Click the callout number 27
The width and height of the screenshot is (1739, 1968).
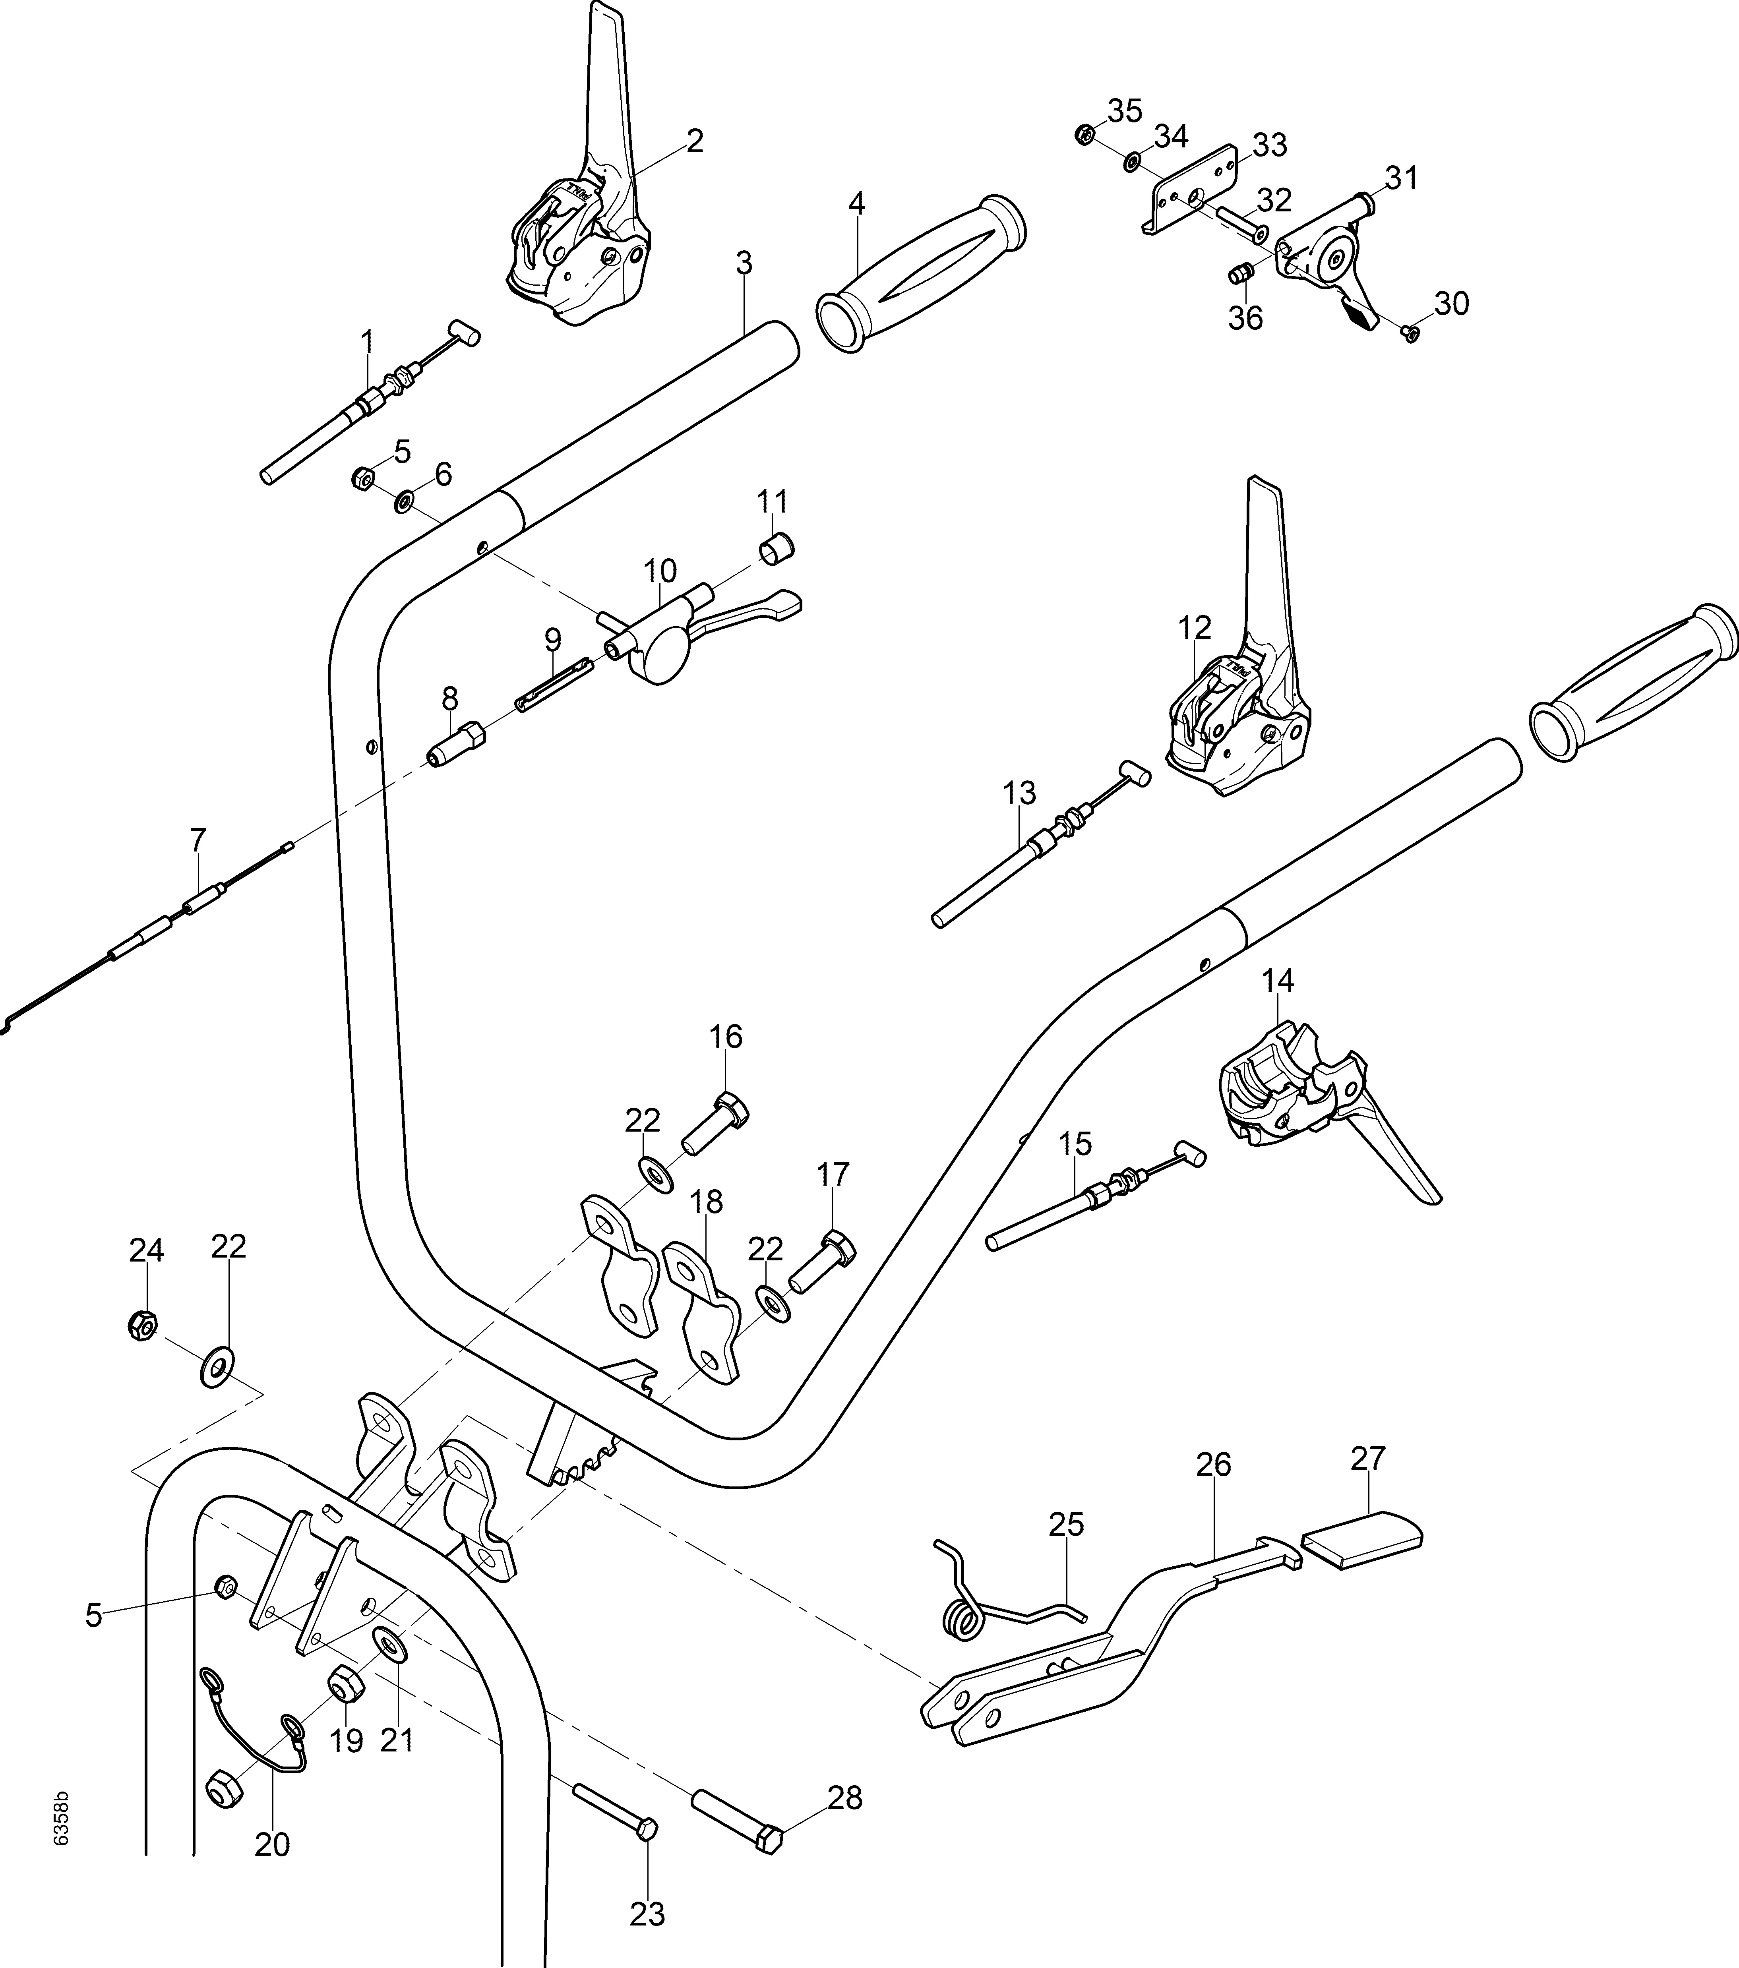pos(1367,1459)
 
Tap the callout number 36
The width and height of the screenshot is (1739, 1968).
pos(1245,318)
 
